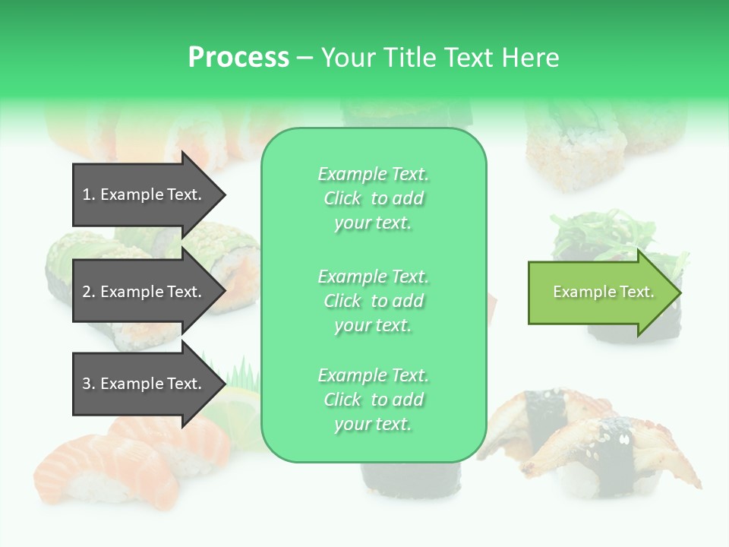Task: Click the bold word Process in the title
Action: pos(238,58)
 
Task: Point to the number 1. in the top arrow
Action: pos(89,194)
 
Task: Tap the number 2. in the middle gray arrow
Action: pos(89,292)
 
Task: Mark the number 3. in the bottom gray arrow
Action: pos(89,384)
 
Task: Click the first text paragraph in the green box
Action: pos(373,198)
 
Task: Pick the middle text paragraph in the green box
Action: pos(373,301)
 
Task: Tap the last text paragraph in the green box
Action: pos(373,400)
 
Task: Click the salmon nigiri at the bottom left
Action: pos(99,471)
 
